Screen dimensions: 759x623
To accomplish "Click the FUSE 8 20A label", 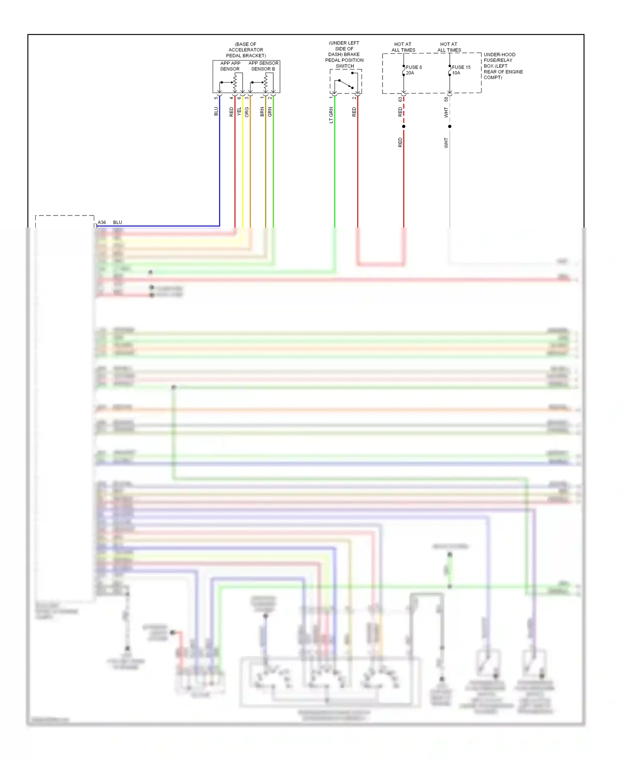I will [x=414, y=70].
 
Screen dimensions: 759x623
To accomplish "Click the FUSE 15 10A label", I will [x=461, y=70].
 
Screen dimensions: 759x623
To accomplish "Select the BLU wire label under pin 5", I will [x=216, y=111].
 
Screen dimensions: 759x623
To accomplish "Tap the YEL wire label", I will [x=239, y=111].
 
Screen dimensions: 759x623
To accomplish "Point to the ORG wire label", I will [x=247, y=112].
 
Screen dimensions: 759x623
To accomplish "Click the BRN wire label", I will [x=262, y=112].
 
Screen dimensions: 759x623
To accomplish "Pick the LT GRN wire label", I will [x=331, y=115].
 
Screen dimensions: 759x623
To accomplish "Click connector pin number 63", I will [x=400, y=99].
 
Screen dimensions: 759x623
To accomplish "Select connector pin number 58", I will [x=446, y=99].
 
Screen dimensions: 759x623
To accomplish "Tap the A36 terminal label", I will [x=102, y=223].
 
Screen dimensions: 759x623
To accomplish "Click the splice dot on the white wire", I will [x=450, y=126].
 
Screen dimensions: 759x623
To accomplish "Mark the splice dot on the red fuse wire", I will [x=404, y=126].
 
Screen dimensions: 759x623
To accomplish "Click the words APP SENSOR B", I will [x=263, y=66].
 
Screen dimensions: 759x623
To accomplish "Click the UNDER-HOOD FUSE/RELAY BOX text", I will [x=503, y=66].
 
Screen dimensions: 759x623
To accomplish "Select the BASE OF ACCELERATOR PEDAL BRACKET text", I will [x=246, y=50].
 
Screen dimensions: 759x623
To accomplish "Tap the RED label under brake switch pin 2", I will [x=354, y=112].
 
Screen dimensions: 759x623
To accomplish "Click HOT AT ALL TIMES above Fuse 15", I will [x=449, y=47].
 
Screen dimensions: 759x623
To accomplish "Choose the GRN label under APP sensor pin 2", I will [x=270, y=112].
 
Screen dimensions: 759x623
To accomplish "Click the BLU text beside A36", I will [x=118, y=223].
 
